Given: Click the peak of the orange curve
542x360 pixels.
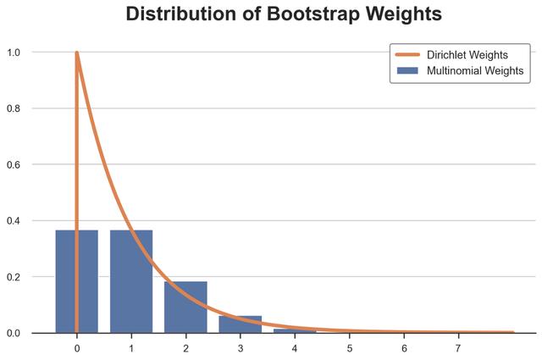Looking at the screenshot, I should pos(77,53).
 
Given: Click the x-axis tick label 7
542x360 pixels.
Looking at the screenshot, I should pos(458,348).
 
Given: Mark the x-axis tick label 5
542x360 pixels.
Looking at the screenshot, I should pos(349,348).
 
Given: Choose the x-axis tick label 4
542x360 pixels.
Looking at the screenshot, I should pos(295,348).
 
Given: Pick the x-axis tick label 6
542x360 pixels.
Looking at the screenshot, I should pos(404,348).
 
